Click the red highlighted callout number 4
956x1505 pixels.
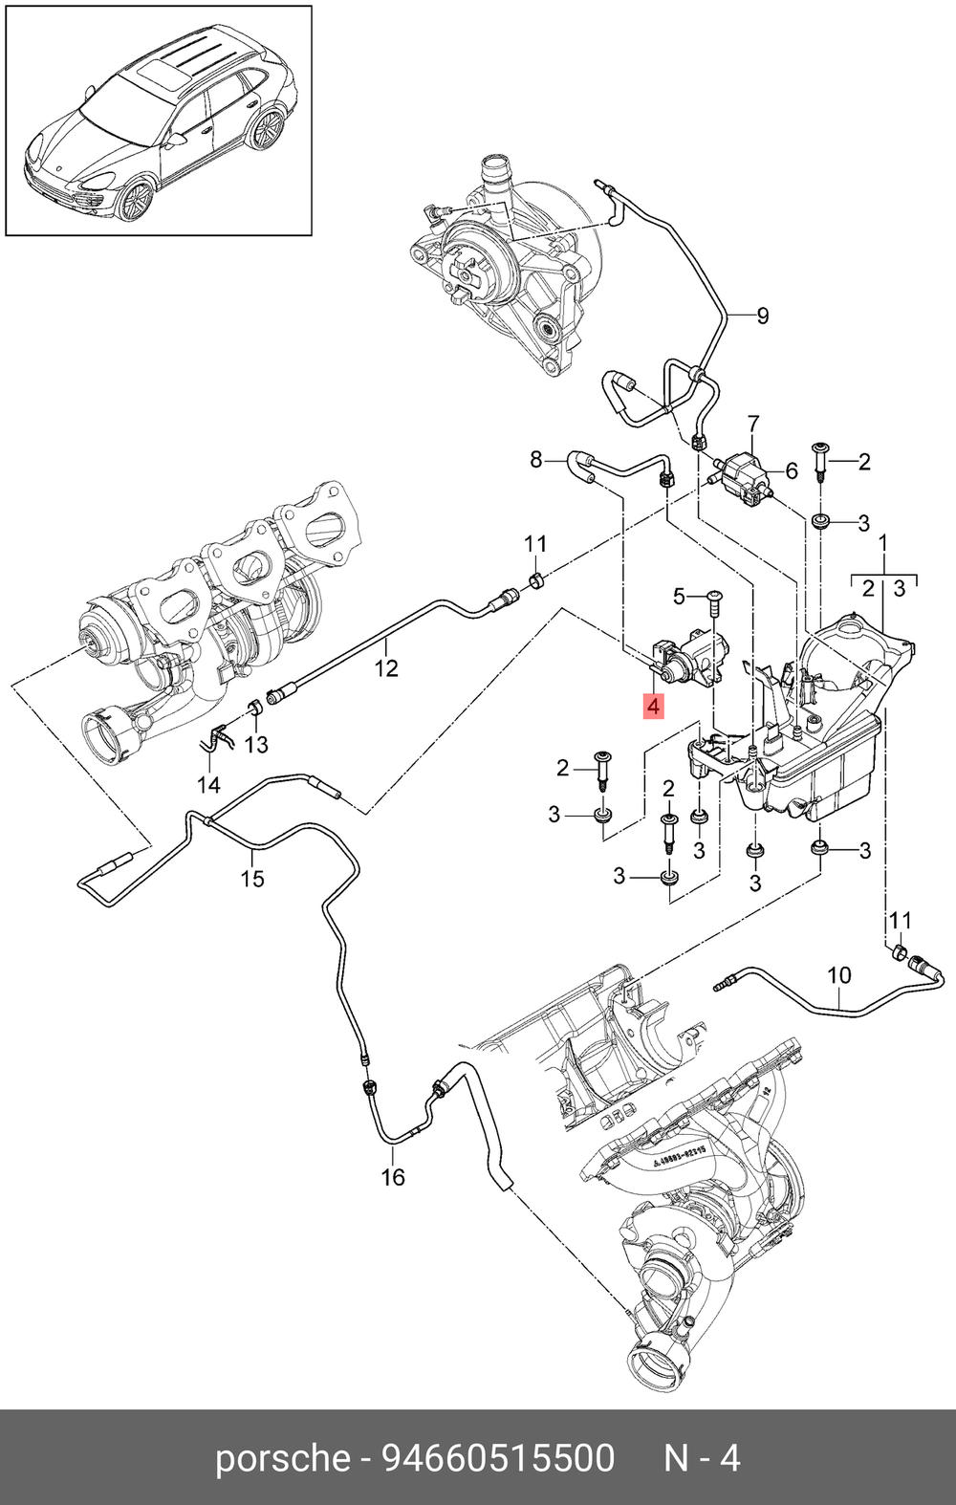653,707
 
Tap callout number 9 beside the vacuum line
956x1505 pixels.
762,316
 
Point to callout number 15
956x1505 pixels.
253,878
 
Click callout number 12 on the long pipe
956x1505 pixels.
386,667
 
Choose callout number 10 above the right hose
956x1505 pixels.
839,975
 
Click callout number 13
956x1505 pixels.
256,745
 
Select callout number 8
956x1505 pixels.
535,460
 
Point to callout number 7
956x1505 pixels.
753,424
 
